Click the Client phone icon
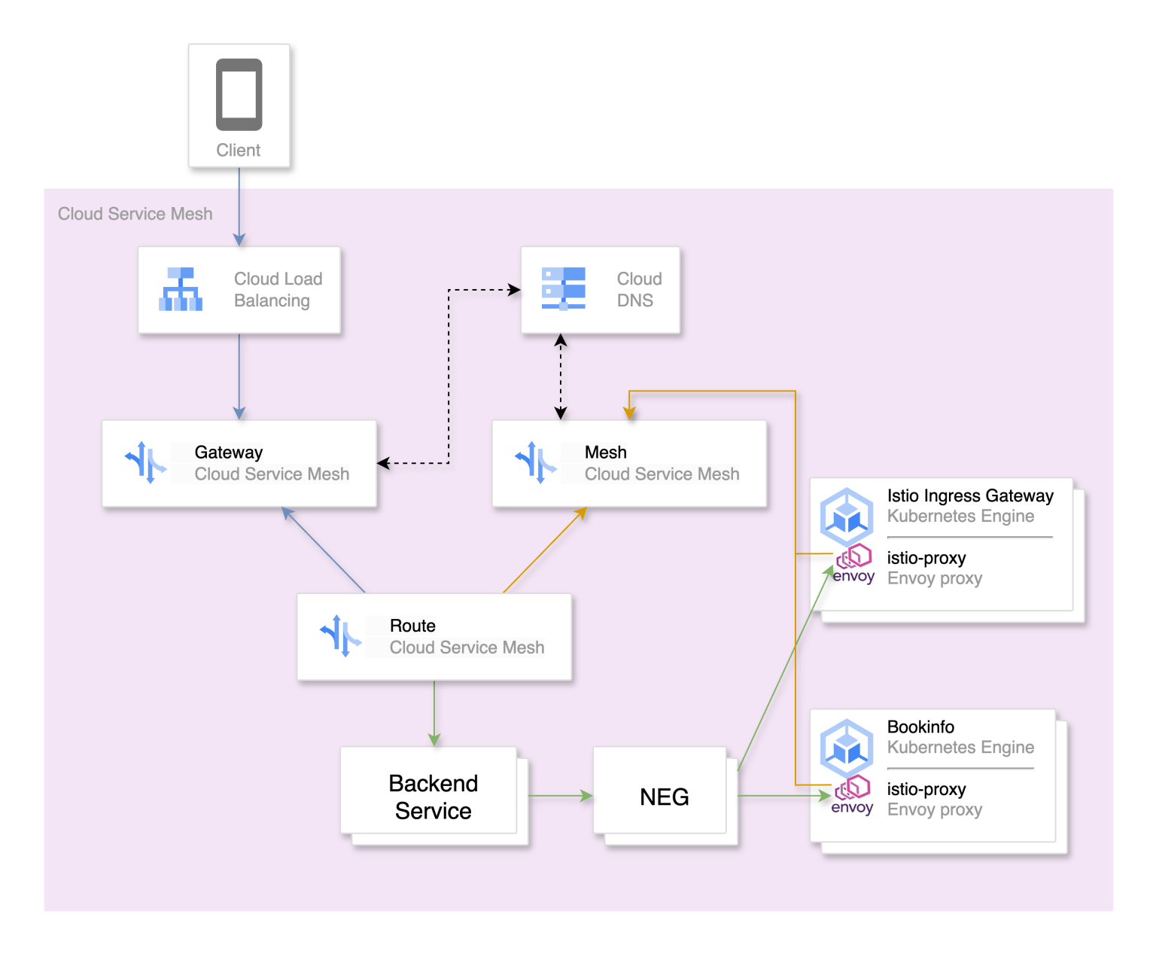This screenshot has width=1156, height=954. tap(239, 95)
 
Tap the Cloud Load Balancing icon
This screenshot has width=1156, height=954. tap(181, 289)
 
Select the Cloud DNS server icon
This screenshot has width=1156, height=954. tap(564, 289)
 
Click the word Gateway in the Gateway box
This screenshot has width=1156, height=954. tap(229, 453)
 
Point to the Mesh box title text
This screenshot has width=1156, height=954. tap(605, 453)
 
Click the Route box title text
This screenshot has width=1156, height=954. tap(412, 626)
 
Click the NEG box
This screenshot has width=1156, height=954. tap(663, 796)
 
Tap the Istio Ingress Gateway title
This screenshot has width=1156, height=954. tap(969, 495)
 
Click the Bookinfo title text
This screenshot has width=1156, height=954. tap(920, 727)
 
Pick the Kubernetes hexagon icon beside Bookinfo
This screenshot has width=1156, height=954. tap(847, 748)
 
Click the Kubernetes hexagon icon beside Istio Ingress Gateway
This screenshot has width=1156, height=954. tap(847, 517)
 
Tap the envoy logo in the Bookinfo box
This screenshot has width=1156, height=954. tap(853, 797)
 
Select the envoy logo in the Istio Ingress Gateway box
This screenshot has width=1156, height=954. tap(854, 565)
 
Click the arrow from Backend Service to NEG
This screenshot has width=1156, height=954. tap(560, 795)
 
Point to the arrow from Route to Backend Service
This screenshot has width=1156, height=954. tap(434, 712)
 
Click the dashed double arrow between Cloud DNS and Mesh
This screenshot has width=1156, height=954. tap(561, 376)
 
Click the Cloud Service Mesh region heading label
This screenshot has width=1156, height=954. tap(135, 214)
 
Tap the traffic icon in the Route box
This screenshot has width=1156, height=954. tap(341, 635)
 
